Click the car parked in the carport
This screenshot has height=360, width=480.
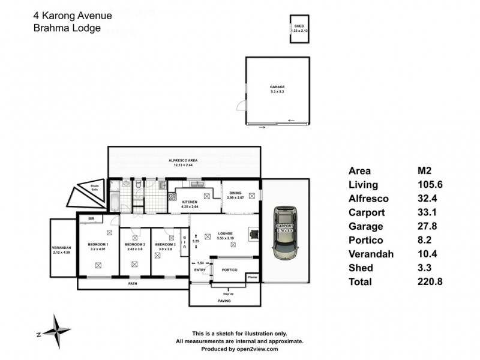[285, 233]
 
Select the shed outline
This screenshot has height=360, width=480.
[299, 29]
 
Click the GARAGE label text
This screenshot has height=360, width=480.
[277, 87]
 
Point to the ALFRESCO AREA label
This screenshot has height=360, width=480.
[183, 161]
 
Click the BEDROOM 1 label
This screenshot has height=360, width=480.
[98, 245]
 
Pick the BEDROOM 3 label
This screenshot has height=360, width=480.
[166, 245]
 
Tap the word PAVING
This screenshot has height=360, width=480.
[225, 301]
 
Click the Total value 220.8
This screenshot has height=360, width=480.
[430, 281]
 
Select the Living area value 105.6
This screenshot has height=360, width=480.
[430, 184]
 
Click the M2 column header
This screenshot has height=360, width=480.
[425, 170]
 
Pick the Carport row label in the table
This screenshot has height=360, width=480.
[366, 212]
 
